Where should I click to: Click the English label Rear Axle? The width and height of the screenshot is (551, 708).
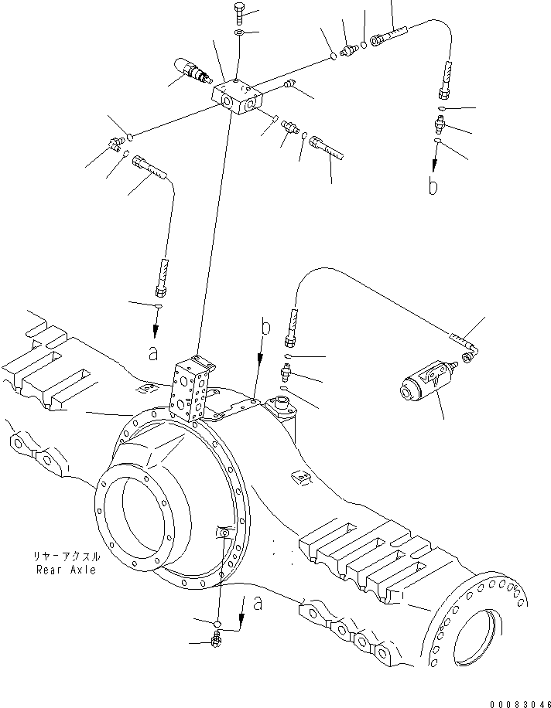tap(66, 570)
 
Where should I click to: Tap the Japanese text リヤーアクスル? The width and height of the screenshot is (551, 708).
tap(66, 557)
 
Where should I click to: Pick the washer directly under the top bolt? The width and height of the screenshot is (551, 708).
tap(239, 33)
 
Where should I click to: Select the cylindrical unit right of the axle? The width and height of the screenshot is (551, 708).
tap(421, 383)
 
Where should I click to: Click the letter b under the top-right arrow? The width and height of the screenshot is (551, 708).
tap(434, 186)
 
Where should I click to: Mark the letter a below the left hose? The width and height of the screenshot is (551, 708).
tap(154, 353)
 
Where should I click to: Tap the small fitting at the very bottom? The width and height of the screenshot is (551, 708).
tap(217, 638)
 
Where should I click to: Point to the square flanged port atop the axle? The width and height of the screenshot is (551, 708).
tap(280, 405)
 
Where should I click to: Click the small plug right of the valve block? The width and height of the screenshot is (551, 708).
tap(291, 84)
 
